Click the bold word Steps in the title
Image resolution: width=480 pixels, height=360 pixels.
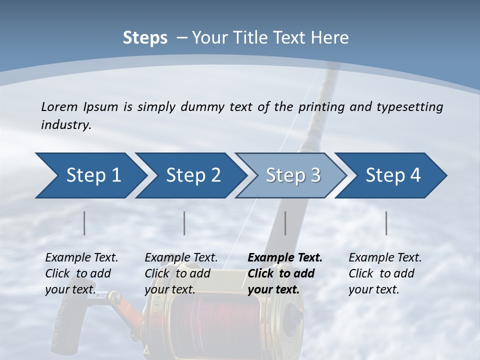(145, 38)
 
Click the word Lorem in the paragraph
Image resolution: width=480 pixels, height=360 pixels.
(58, 106)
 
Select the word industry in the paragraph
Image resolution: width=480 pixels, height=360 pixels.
(66, 125)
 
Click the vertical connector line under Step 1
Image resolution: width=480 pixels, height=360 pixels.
(84, 223)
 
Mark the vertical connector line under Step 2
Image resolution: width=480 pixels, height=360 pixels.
(184, 223)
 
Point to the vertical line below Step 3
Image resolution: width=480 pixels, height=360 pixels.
(285, 223)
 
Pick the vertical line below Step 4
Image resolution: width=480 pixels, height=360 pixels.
(386, 223)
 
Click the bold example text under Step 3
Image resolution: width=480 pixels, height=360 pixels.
(285, 273)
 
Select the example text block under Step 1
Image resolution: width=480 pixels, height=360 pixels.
(81, 273)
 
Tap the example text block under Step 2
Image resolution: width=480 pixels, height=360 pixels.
(181, 273)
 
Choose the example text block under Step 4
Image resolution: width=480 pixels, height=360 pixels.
(385, 273)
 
